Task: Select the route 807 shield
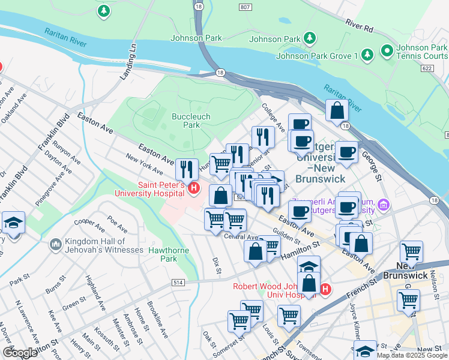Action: click(244, 7)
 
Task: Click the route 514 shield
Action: click(178, 281)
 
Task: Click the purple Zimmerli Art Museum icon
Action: click(384, 206)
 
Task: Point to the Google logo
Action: click(20, 352)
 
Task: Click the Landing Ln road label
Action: click(128, 61)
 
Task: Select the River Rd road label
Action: click(360, 25)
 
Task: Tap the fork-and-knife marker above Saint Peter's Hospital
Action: click(187, 170)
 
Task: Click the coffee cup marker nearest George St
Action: click(346, 153)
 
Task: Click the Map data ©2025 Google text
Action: click(412, 355)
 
